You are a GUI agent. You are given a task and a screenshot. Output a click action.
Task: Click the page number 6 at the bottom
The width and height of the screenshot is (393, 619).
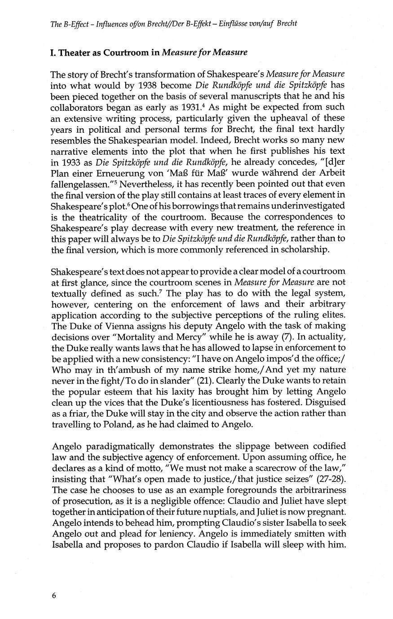click(x=54, y=595)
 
